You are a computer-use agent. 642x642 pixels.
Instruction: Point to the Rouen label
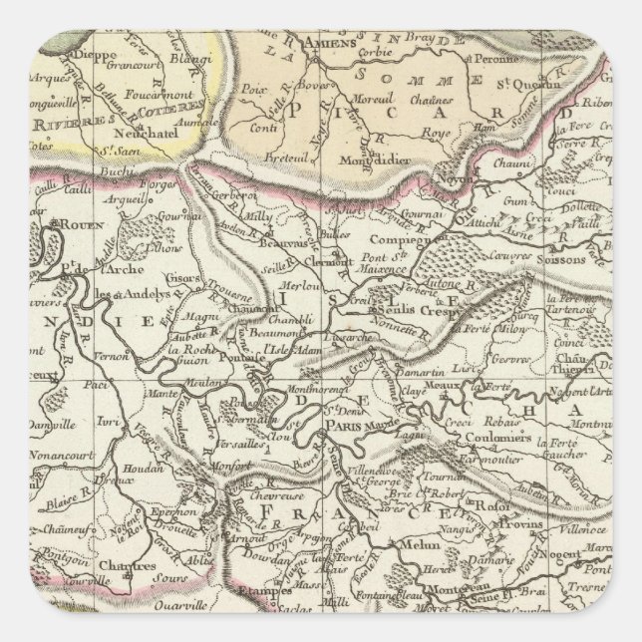81,225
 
